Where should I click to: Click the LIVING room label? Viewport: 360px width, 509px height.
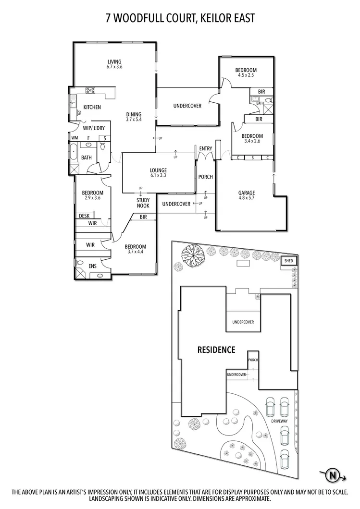tap(114, 61)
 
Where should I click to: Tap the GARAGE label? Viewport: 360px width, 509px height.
tap(247, 193)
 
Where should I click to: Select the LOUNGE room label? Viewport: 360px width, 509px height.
tap(158, 170)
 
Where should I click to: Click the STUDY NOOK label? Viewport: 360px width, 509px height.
tap(143, 203)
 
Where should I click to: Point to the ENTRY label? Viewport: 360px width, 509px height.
tap(205, 149)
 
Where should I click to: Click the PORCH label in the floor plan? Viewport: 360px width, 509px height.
tap(205, 177)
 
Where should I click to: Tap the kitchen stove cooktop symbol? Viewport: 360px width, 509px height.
tap(90, 90)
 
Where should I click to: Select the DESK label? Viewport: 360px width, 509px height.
tap(84, 216)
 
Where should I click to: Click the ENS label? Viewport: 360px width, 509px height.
tap(92, 266)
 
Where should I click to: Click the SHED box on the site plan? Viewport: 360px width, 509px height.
tap(288, 261)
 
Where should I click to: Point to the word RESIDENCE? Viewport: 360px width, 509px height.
tap(216, 350)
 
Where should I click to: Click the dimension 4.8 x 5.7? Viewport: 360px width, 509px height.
tap(247, 198)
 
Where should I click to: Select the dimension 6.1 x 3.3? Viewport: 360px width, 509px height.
tap(158, 176)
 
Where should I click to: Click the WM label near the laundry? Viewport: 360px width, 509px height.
tap(74, 138)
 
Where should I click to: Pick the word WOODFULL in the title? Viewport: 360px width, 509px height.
tap(145, 19)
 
